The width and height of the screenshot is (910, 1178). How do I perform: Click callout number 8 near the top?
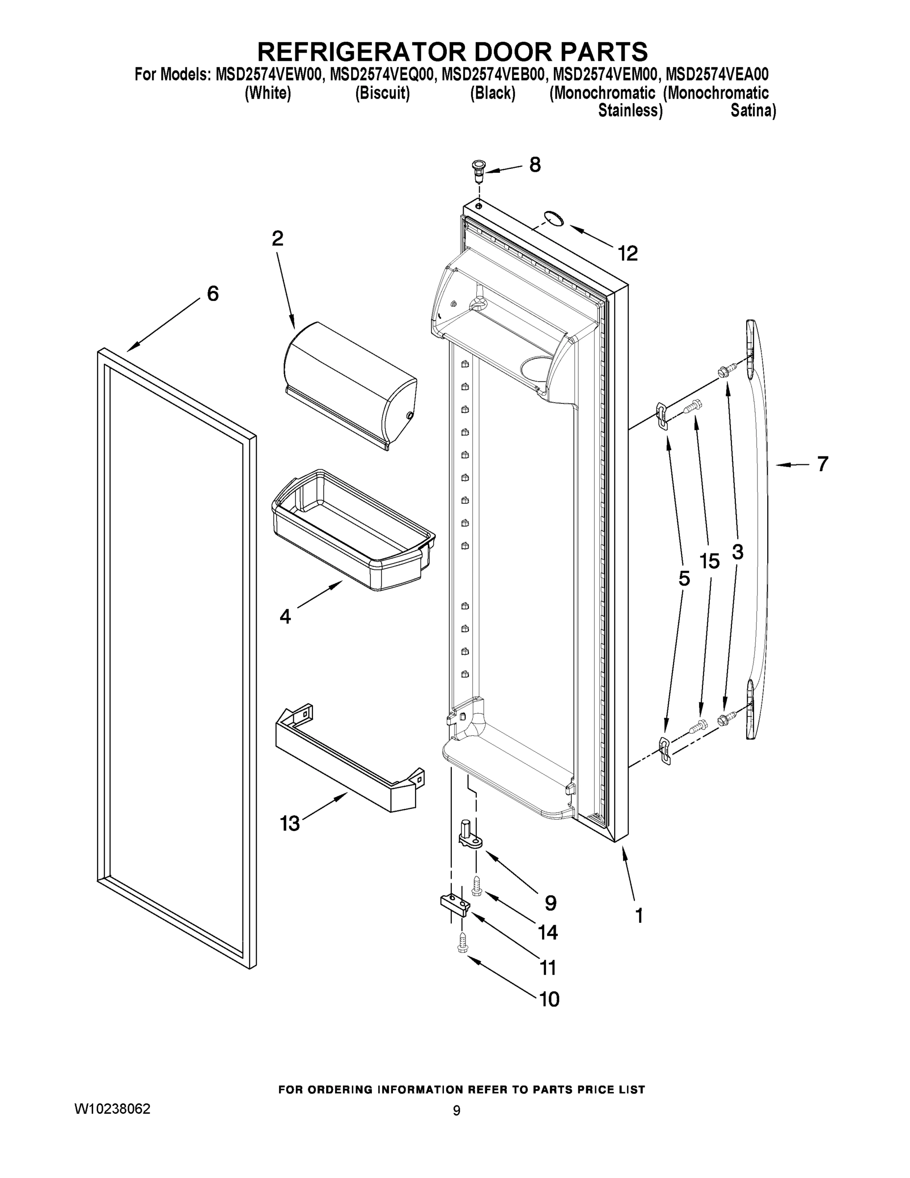tap(534, 165)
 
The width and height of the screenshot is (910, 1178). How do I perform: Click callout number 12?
tap(627, 253)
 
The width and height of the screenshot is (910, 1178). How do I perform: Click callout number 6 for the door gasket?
tap(213, 294)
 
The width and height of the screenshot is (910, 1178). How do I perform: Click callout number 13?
tap(289, 824)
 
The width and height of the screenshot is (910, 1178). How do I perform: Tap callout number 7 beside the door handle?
tap(822, 464)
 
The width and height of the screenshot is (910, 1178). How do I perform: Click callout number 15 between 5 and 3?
tap(709, 562)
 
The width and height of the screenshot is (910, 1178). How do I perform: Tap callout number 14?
tap(548, 932)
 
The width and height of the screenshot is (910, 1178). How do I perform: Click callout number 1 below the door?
tap(639, 915)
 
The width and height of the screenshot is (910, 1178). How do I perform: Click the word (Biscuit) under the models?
tap(382, 93)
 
